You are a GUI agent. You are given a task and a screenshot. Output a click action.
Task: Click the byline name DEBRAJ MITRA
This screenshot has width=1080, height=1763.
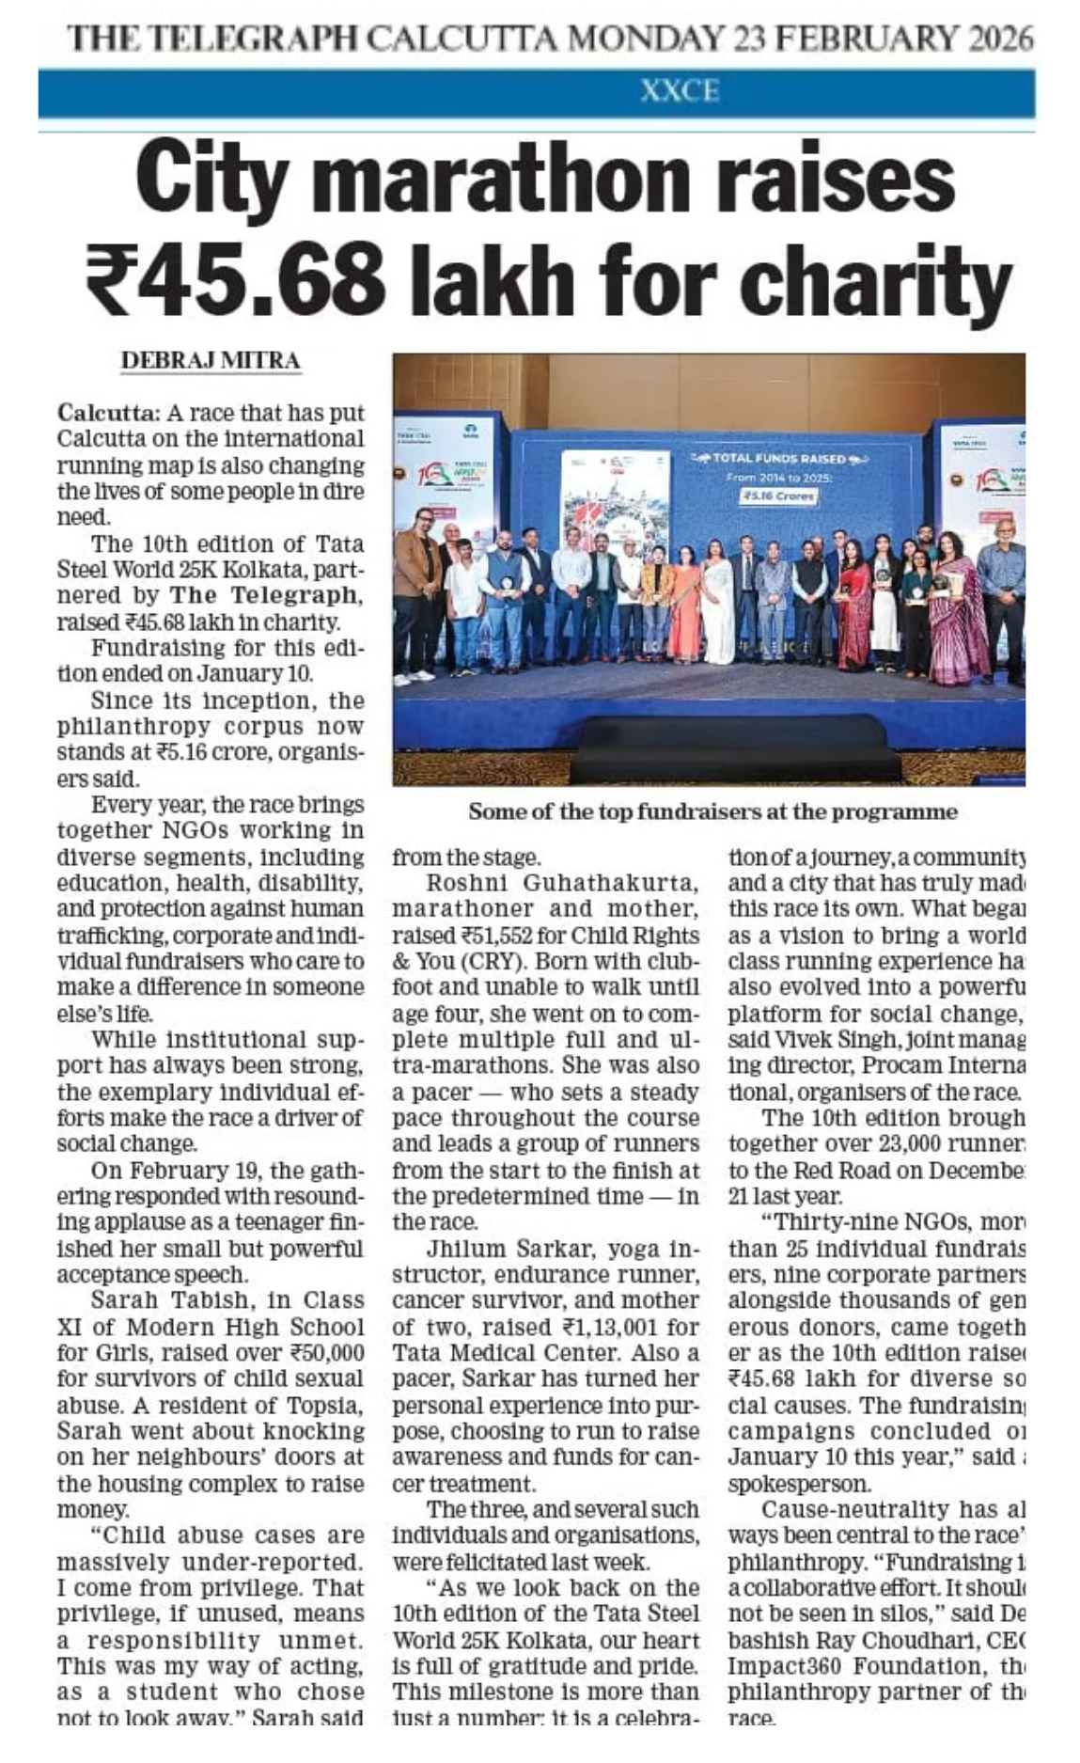[211, 361]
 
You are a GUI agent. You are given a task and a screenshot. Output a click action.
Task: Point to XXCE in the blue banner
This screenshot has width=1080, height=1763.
[679, 92]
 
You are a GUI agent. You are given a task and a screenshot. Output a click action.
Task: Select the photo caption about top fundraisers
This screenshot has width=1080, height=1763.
[712, 811]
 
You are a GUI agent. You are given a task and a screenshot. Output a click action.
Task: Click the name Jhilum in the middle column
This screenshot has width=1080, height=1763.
[462, 1249]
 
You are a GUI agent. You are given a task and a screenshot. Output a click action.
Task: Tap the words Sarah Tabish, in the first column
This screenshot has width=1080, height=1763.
[169, 1300]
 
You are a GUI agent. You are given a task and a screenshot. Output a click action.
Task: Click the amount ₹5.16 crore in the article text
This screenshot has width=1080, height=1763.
[194, 752]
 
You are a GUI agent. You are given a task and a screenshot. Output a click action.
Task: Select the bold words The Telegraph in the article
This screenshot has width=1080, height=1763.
[265, 596]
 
